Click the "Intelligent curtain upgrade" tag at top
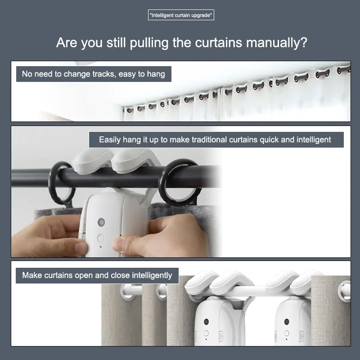click(180, 15)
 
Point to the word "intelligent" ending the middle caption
click(314, 139)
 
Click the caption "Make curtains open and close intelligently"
click(97, 275)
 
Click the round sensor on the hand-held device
click(101, 222)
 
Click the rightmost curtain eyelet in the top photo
click(344, 70)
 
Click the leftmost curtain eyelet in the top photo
click(129, 109)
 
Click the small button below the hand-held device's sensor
click(100, 238)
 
